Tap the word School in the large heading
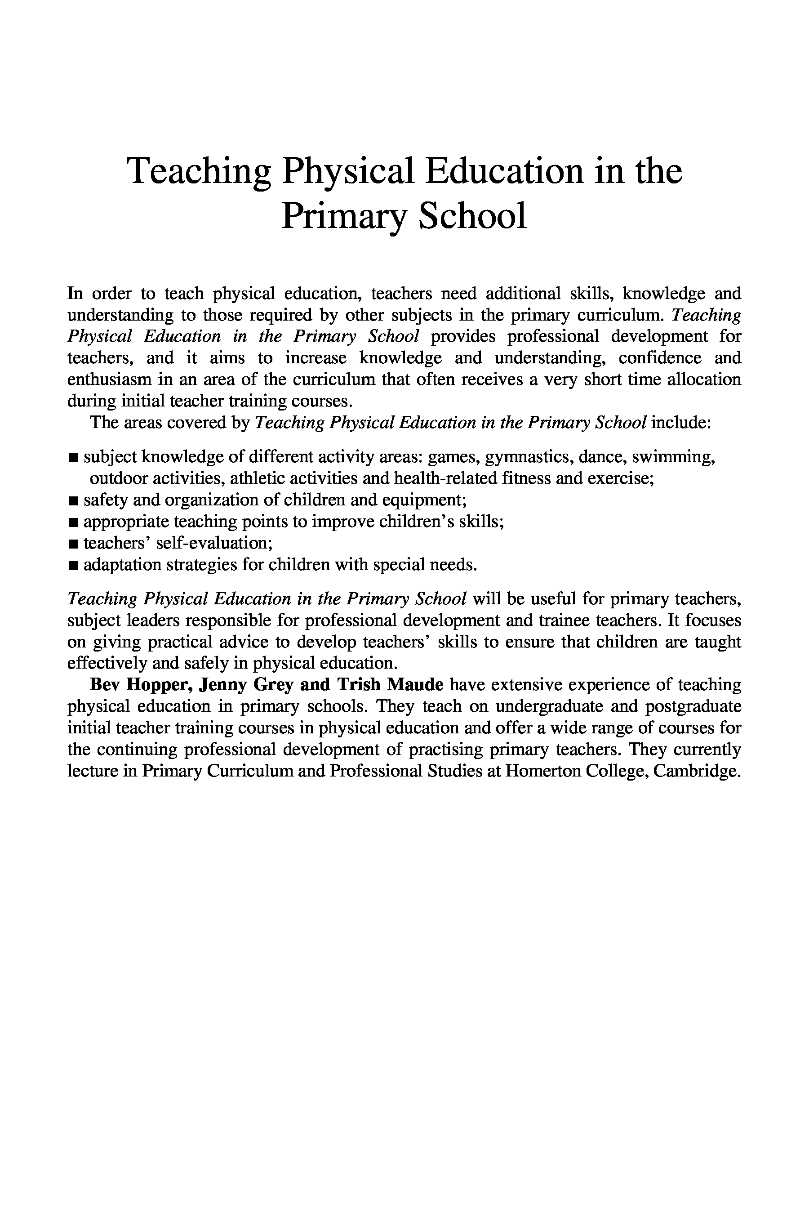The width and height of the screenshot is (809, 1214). [472, 216]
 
